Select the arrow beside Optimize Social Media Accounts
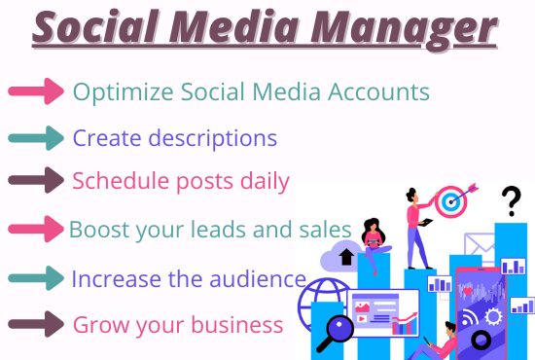(x=35, y=92)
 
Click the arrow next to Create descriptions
(x=35, y=137)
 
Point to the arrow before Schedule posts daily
(x=35, y=181)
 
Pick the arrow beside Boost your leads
(x=35, y=230)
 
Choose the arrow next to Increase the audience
(x=35, y=278)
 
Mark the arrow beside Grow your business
(x=35, y=323)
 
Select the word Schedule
(x=115, y=181)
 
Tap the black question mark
(x=511, y=202)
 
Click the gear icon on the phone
(x=491, y=316)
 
